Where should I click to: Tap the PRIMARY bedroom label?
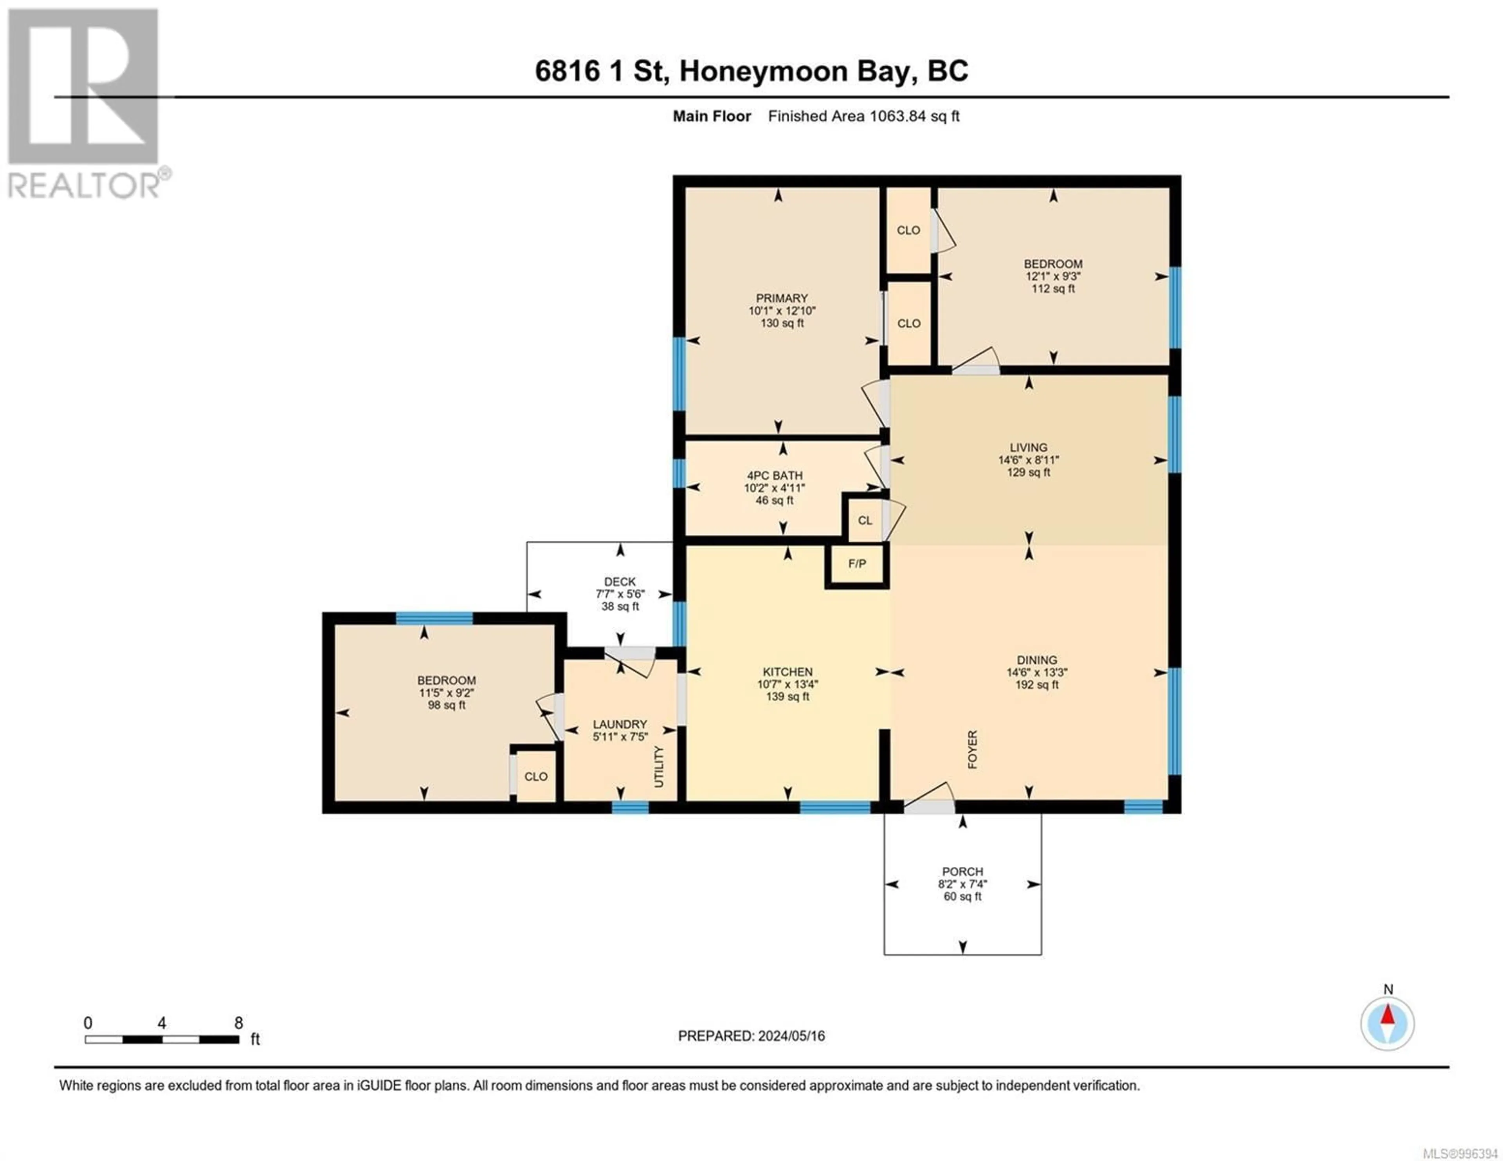(782, 298)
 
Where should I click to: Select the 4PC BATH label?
(775, 475)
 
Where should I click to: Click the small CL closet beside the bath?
(865, 520)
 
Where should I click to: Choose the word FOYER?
(972, 749)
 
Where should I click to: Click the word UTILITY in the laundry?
(659, 767)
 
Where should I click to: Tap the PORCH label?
(963, 871)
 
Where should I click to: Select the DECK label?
(620, 581)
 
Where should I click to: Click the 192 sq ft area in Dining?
(1037, 685)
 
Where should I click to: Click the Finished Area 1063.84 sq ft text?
(864, 116)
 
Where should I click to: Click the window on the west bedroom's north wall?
(434, 618)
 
